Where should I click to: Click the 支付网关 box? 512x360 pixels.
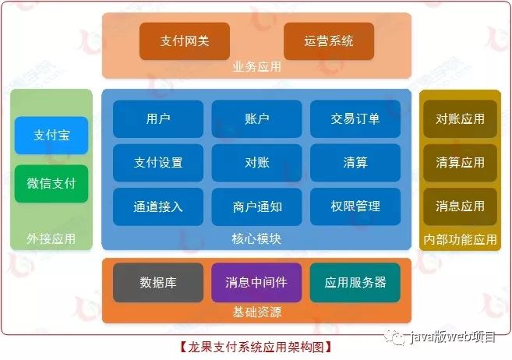(185, 41)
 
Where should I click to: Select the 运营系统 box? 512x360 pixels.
(329, 41)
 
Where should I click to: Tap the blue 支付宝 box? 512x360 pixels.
(51, 136)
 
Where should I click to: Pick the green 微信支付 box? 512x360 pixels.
(51, 184)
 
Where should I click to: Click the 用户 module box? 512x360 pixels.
(158, 118)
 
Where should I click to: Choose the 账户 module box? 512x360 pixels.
(256, 118)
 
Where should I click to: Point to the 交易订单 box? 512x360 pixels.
(355, 118)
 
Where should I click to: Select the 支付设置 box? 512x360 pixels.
(158, 162)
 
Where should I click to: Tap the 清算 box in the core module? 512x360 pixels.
(355, 162)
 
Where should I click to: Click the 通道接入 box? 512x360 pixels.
(158, 206)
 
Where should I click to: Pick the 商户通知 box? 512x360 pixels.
(256, 206)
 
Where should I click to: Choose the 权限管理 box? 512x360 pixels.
(355, 206)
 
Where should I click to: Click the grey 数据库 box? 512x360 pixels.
(158, 282)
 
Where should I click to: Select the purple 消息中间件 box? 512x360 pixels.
(256, 282)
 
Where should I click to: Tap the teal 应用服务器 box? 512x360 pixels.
(355, 282)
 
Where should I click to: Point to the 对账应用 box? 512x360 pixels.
(460, 119)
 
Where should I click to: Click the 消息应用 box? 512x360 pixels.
(460, 206)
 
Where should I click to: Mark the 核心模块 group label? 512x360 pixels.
(256, 238)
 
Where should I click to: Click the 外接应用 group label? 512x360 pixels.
(51, 238)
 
